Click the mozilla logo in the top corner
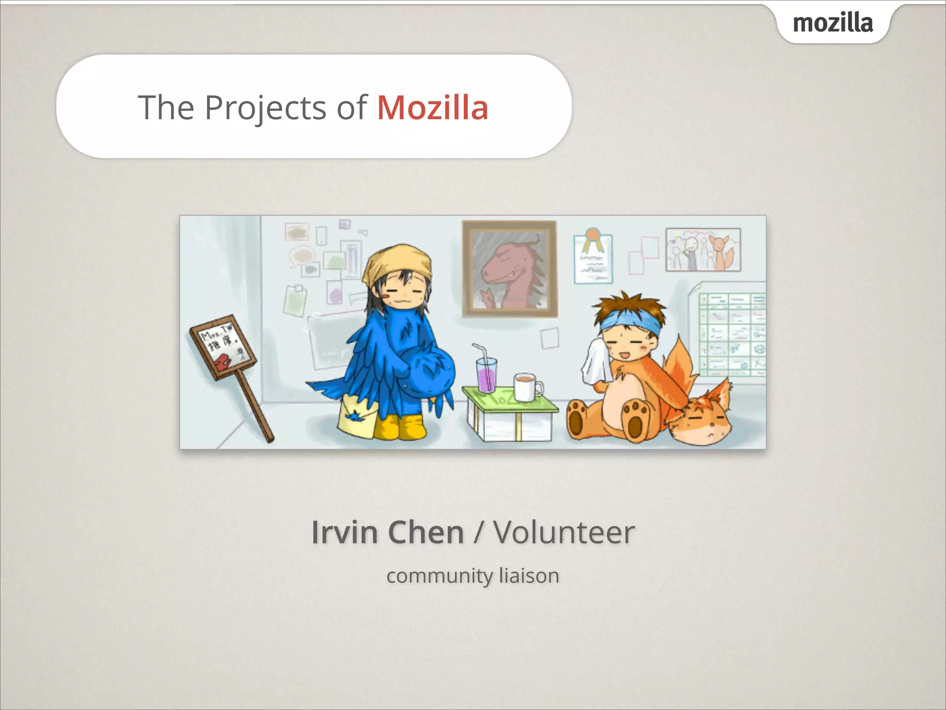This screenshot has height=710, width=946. [833, 23]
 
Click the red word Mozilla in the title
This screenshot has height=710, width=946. [433, 108]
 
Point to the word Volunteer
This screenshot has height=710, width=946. [564, 532]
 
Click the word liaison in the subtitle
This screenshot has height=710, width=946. [529, 576]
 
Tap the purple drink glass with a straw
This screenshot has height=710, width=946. [486, 374]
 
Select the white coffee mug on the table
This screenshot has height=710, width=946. [525, 387]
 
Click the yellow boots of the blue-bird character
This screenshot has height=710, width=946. [400, 426]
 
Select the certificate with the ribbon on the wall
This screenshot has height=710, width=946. [593, 258]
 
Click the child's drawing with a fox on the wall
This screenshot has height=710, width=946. [703, 250]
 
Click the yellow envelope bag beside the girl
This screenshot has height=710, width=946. [357, 417]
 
